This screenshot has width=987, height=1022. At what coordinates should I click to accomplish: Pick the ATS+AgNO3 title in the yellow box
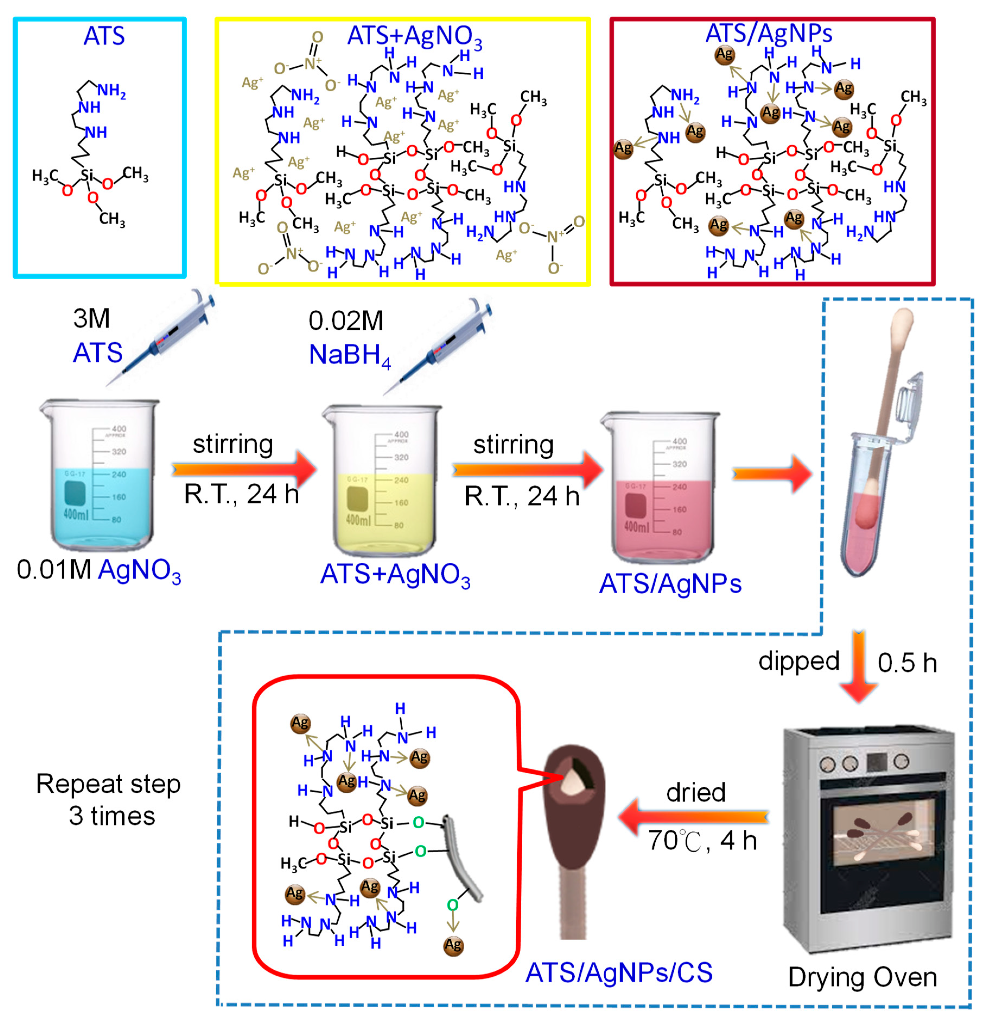tap(415, 37)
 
